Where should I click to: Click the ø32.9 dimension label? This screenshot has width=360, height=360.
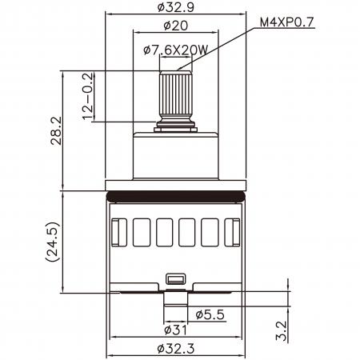point(175,7)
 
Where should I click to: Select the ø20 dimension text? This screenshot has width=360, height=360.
point(176,26)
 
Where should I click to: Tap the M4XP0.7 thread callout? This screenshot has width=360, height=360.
point(286,22)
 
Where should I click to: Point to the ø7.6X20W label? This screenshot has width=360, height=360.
point(175,50)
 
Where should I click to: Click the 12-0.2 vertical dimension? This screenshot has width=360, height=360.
point(88,96)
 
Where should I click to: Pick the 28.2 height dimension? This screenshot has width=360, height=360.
point(56,130)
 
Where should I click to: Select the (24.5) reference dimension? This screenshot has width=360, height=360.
point(52,242)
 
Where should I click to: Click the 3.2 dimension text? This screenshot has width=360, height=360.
point(282,330)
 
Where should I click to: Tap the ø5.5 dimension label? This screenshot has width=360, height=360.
point(210,315)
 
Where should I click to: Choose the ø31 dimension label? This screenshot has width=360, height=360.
point(175,330)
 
